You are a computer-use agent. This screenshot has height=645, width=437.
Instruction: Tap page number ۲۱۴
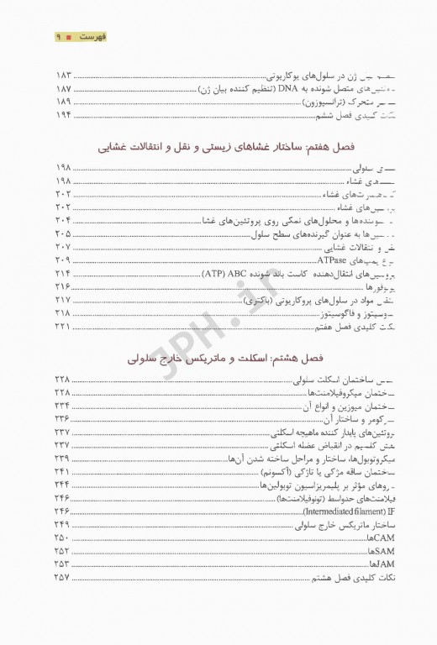coord(64,273)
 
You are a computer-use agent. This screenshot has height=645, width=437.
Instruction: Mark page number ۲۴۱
coord(64,472)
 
